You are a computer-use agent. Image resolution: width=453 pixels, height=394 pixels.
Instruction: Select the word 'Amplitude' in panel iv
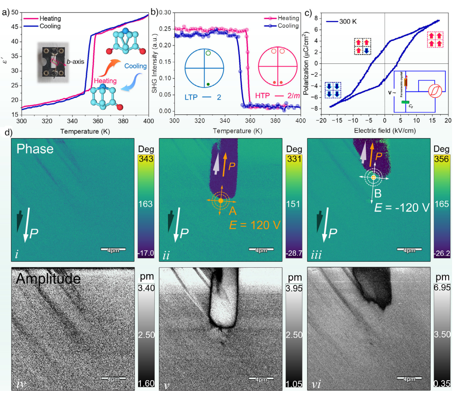[x=48, y=278]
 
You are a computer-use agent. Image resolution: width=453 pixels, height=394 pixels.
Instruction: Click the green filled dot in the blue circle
[x=208, y=84]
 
